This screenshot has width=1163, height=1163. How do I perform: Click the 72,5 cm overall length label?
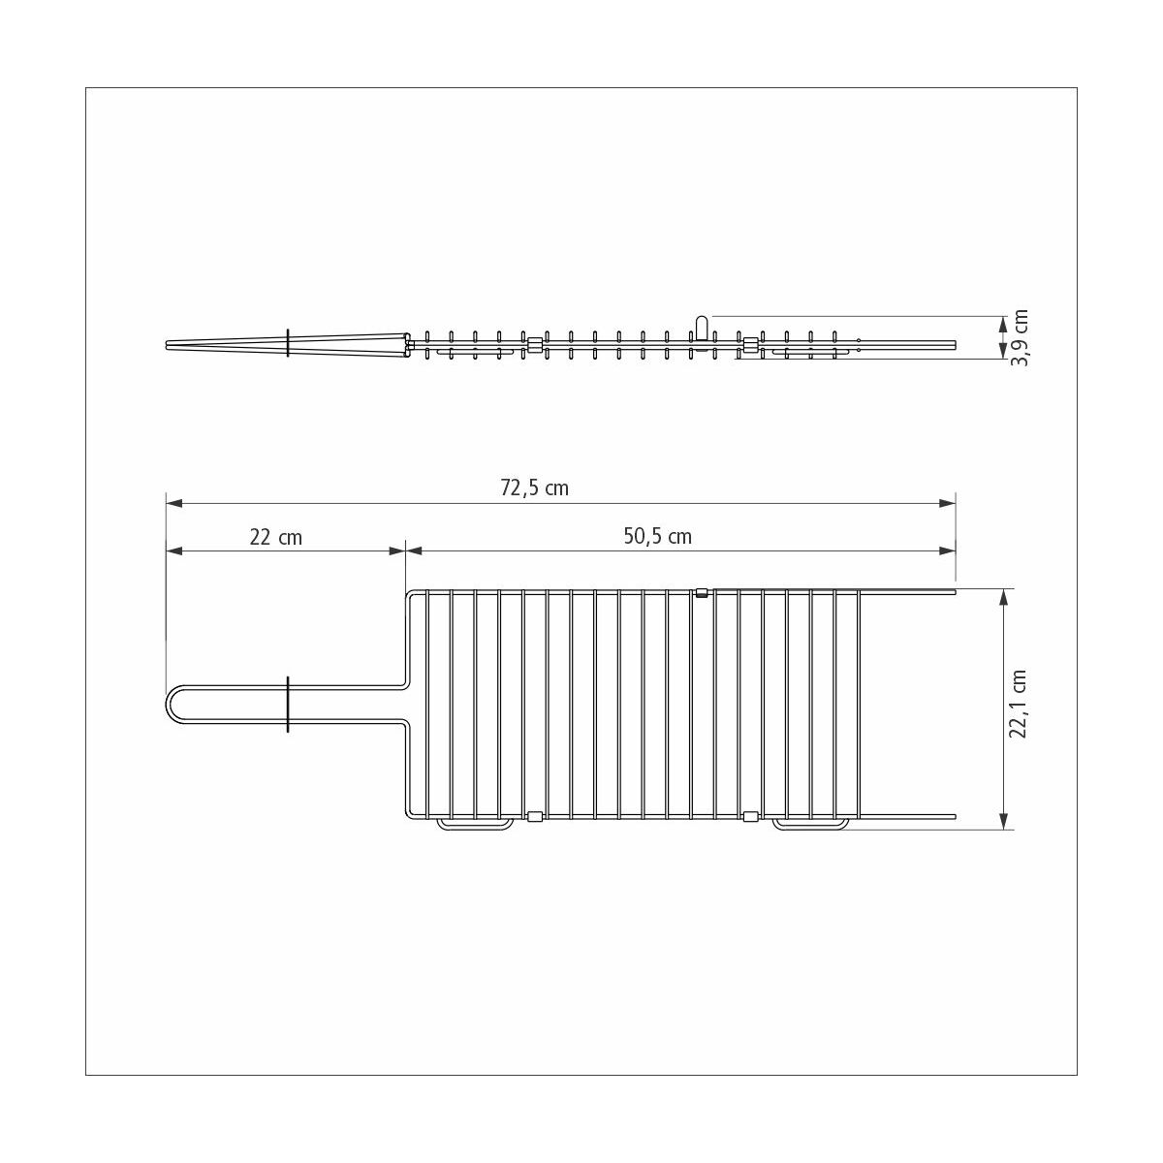point(534,488)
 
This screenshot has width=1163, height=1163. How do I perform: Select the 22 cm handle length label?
point(276,537)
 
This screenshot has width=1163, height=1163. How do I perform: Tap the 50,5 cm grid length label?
point(657,537)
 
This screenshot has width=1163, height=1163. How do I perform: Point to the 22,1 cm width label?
point(1018,705)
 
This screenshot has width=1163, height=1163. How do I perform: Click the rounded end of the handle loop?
point(172,705)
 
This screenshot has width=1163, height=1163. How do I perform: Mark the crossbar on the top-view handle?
point(288,705)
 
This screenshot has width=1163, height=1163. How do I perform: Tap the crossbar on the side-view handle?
point(288,343)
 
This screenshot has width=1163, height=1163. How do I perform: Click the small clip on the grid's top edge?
point(702,592)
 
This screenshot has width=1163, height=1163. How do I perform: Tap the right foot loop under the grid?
point(810,826)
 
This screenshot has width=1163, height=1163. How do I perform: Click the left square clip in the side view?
point(534,344)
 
